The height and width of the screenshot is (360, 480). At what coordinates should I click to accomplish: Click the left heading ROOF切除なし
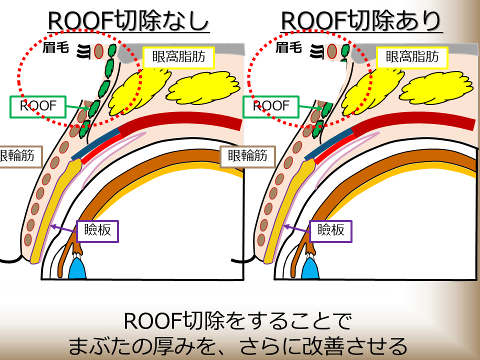pos(128,21)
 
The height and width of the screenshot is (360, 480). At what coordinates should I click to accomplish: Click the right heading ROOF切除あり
pos(361,21)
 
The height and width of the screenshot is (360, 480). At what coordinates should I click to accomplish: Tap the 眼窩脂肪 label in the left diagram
pos(178,57)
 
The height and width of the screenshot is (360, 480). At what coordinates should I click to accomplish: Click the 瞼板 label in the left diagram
pos(97,231)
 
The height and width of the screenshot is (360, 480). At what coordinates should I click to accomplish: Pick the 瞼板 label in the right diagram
pos(330,230)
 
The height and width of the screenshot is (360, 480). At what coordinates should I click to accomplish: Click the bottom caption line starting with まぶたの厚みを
pos(239,345)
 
